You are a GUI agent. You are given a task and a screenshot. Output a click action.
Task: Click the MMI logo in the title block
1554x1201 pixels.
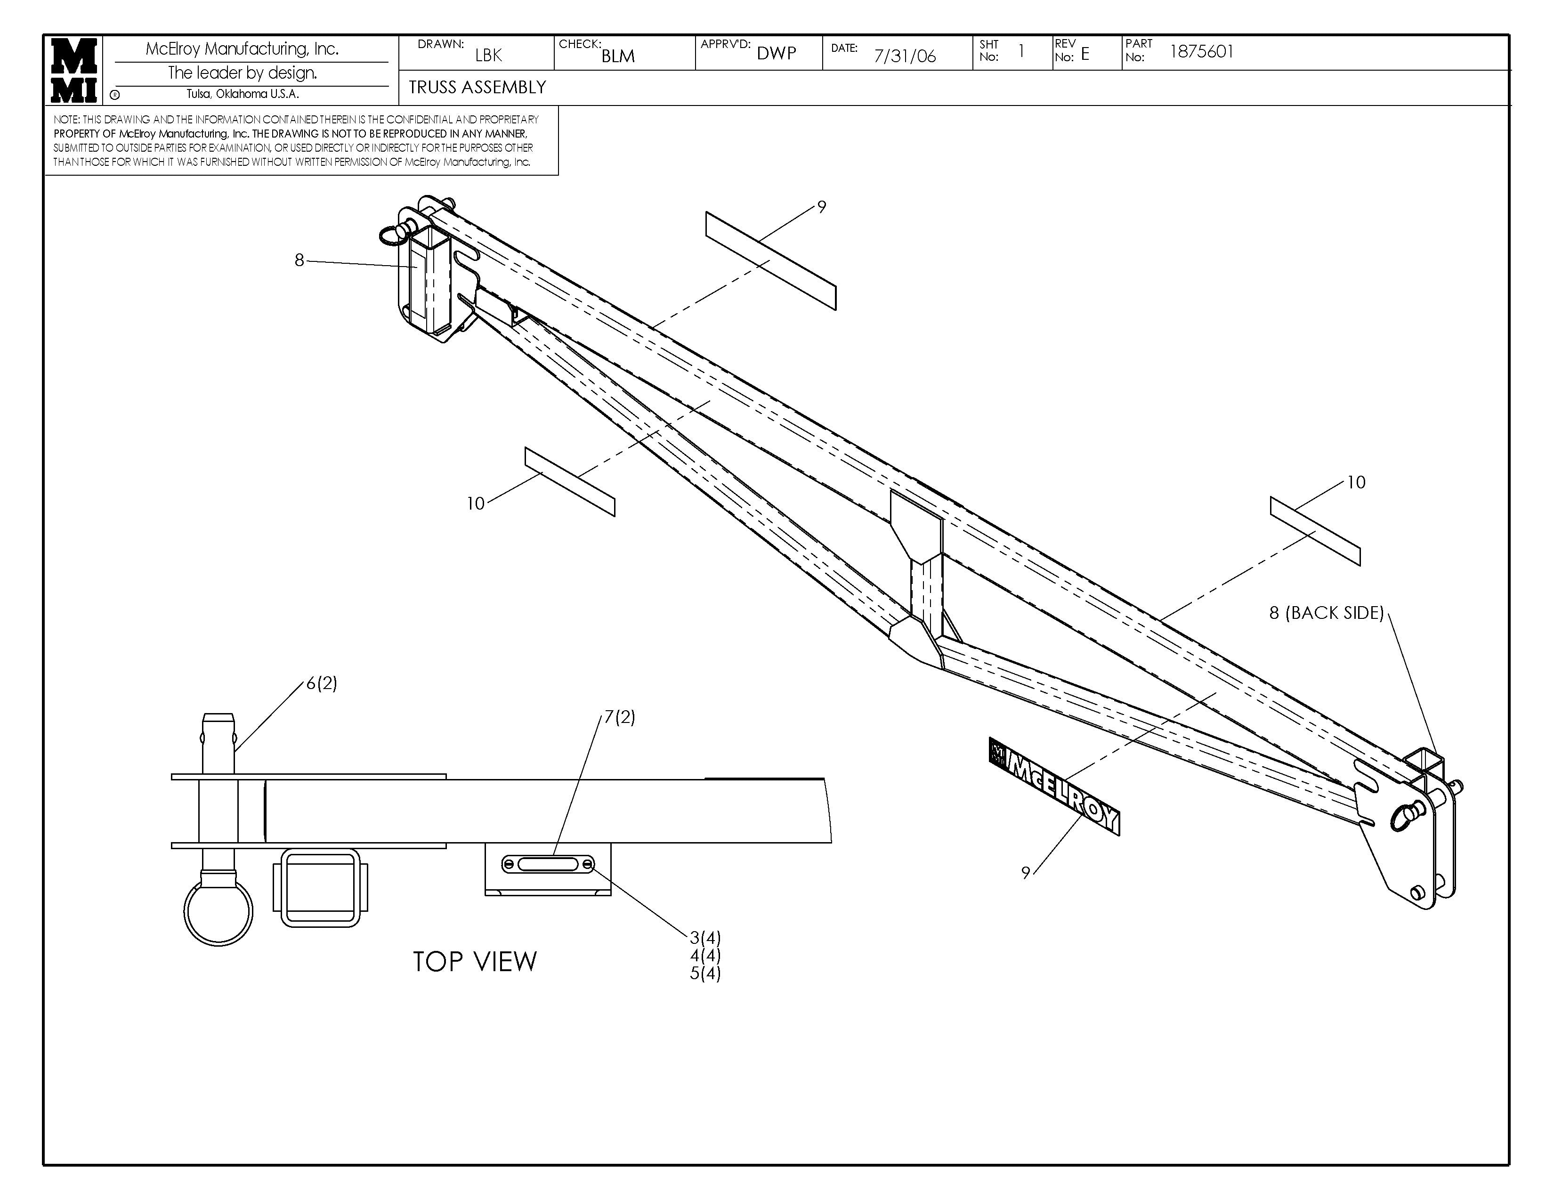(74, 70)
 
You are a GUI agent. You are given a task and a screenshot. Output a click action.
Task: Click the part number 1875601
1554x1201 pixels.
(1201, 52)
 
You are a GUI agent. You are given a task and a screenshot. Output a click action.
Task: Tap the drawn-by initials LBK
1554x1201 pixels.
(488, 55)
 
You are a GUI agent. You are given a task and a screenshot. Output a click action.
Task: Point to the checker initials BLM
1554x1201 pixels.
(618, 56)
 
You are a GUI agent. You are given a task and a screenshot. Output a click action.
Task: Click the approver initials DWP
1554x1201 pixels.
(776, 53)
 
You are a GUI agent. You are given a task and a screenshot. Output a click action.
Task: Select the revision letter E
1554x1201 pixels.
(1085, 54)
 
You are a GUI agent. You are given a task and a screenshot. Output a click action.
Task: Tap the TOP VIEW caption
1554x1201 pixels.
(475, 962)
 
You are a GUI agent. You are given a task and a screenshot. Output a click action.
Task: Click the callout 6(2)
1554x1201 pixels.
(322, 683)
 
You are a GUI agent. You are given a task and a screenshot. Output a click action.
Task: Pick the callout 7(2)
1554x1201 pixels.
(619, 717)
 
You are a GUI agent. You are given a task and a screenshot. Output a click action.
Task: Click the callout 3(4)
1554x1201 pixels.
(704, 938)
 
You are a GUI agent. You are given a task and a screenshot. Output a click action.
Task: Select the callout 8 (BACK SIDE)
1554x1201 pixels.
(1326, 613)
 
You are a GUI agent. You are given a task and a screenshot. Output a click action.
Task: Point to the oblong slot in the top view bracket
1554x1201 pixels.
(548, 864)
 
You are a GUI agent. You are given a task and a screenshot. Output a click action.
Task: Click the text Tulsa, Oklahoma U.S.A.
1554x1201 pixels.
(243, 94)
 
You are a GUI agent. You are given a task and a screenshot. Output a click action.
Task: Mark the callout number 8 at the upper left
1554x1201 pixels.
(299, 260)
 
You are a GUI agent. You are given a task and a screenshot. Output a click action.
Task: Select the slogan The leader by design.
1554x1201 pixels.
(243, 73)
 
